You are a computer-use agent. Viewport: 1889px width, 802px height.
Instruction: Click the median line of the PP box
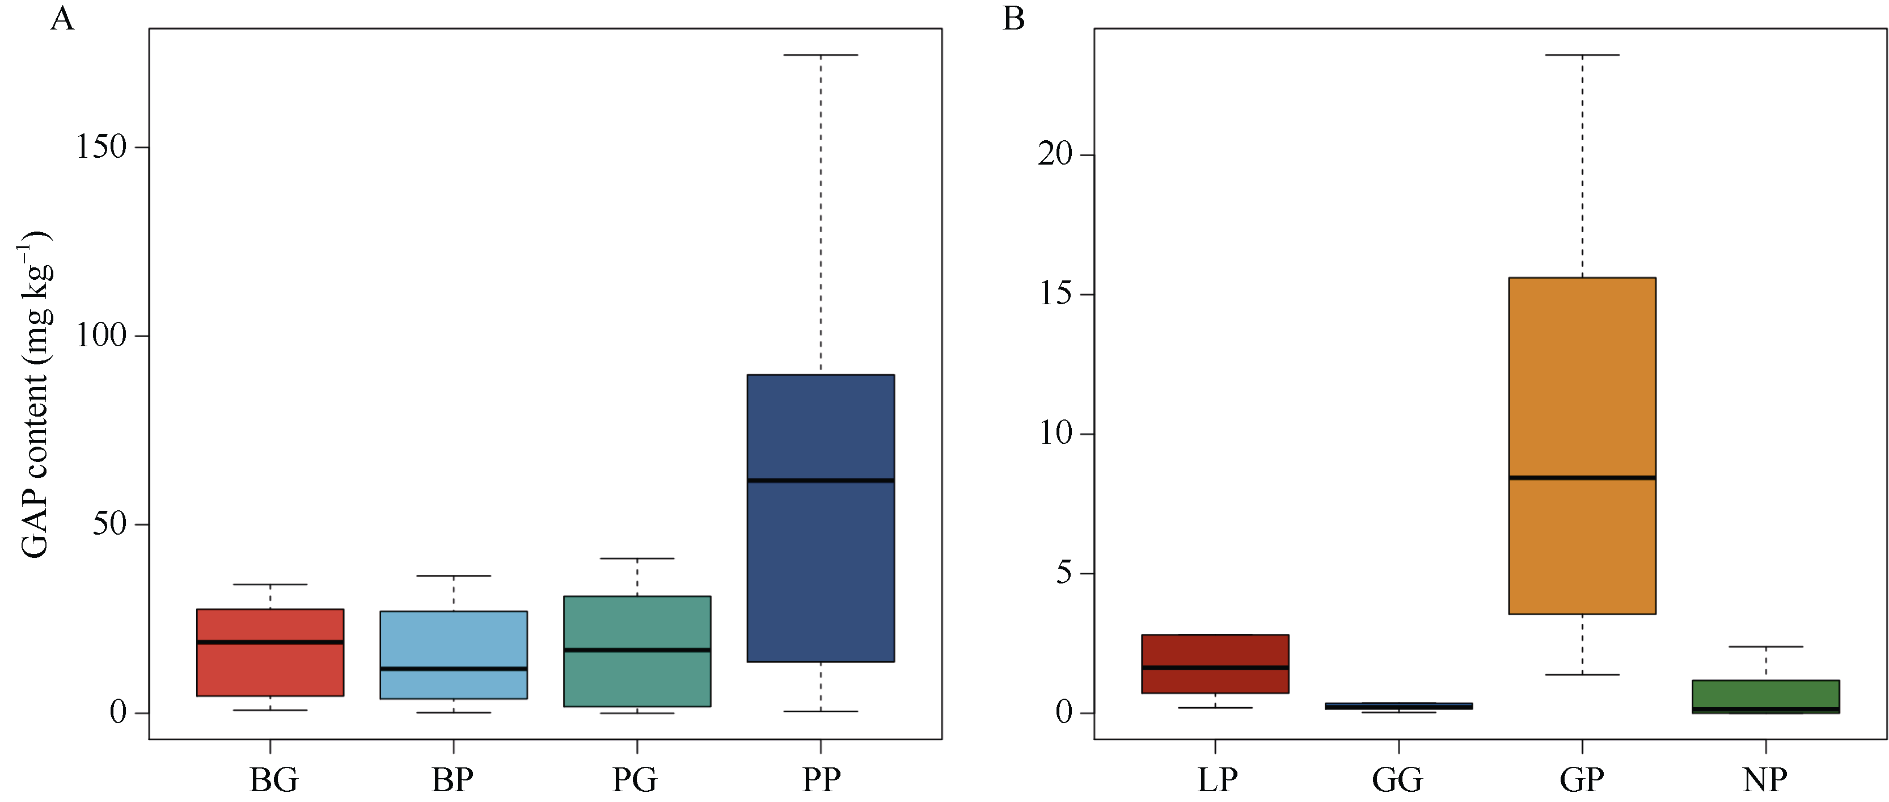click(x=820, y=481)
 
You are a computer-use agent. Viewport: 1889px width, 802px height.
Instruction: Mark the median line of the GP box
click(x=1582, y=478)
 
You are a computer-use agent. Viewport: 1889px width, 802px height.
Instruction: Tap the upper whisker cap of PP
click(x=820, y=55)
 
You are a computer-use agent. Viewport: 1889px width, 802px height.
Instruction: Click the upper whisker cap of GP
click(x=1582, y=55)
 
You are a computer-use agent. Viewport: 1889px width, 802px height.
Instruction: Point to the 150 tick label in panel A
click(x=101, y=147)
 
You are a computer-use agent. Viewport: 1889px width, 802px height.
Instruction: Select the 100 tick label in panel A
click(x=101, y=335)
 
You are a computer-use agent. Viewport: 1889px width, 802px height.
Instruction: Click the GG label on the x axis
click(x=1398, y=779)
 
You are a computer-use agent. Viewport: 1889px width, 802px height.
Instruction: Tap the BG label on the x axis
click(x=273, y=779)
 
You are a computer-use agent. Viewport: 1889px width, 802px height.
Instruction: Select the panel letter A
click(x=62, y=18)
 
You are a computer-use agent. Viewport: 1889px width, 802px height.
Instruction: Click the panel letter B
click(x=1013, y=18)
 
